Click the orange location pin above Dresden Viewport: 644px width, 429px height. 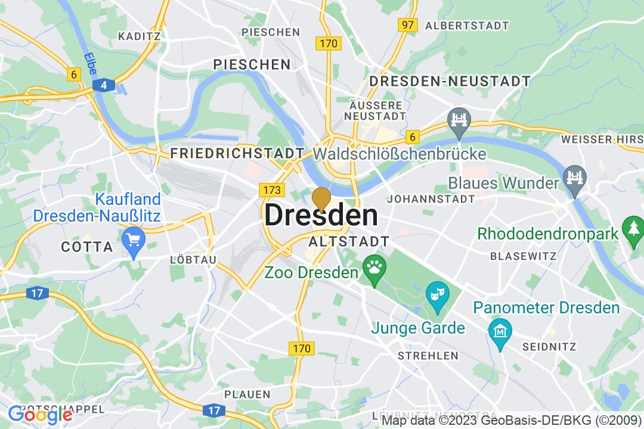point(321,199)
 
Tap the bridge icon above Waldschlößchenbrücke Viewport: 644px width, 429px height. point(460,120)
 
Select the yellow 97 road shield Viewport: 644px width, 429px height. point(408,25)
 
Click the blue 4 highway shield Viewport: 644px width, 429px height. point(104,86)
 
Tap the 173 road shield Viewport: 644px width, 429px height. point(270,190)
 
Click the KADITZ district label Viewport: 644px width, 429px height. point(140,36)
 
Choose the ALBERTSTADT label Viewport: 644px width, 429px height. point(467,26)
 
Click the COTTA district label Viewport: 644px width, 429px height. point(87,247)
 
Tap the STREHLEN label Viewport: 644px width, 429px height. point(428,356)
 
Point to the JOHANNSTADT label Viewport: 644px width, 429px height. point(431,198)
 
